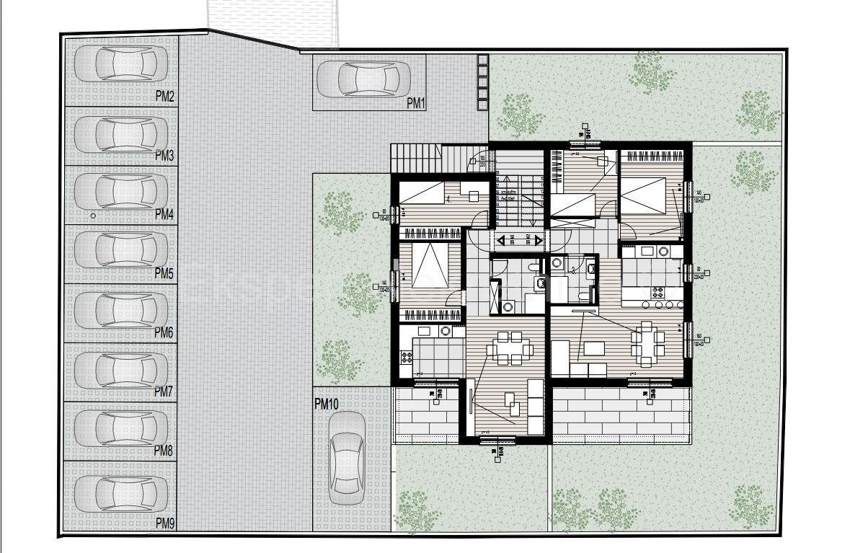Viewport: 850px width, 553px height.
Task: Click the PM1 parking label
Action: pyautogui.click(x=417, y=104)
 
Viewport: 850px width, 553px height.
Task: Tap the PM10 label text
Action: pyautogui.click(x=327, y=404)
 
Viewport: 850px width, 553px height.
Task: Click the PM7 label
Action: pyautogui.click(x=164, y=391)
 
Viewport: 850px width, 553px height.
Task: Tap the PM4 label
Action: pyautogui.click(x=164, y=214)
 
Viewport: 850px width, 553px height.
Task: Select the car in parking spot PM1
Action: pyautogui.click(x=368, y=78)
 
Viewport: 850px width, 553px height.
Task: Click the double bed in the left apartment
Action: pyautogui.click(x=431, y=273)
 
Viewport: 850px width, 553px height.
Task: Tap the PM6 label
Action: pyautogui.click(x=164, y=332)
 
